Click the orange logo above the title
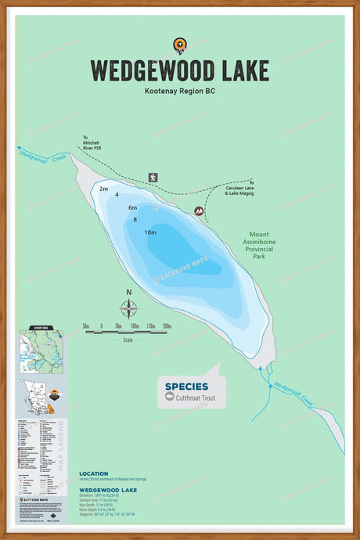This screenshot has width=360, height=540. tap(180, 45)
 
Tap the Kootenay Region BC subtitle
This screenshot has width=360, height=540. tap(179, 92)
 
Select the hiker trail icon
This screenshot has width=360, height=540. tap(153, 178)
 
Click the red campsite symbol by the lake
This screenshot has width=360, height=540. tap(199, 211)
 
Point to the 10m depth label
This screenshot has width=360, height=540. tap(150, 232)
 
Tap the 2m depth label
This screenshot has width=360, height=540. tap(103, 189)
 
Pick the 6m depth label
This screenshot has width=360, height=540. tap(133, 207)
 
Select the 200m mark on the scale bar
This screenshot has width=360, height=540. tap(167, 326)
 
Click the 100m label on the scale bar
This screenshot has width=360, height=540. tap(135, 326)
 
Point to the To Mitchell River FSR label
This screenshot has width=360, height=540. tap(92, 142)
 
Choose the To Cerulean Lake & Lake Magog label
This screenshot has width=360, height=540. tap(239, 188)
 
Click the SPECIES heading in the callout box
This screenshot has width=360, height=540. tap(186, 386)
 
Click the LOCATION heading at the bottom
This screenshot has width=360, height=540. tap(94, 473)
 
